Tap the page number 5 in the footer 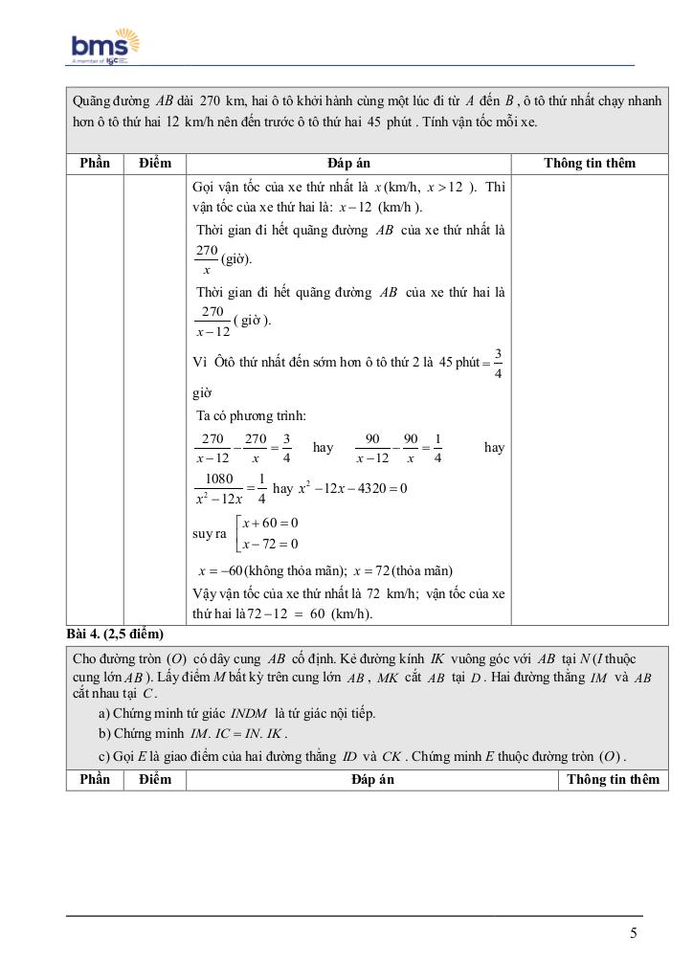click(634, 933)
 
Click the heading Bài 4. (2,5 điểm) click(115, 634)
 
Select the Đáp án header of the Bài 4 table click(372, 780)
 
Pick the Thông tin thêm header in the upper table click(590, 163)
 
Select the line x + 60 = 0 click(270, 523)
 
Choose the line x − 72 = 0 click(270, 545)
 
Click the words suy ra click(209, 534)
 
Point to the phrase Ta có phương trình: click(251, 415)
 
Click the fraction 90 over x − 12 click(372, 448)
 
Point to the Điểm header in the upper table click(154, 163)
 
